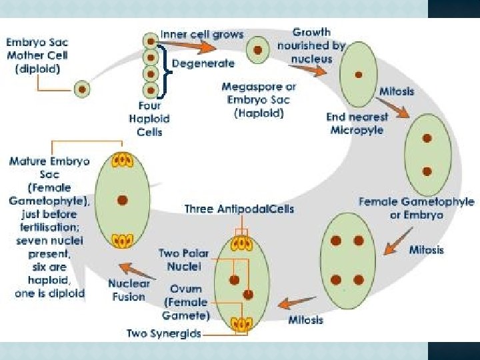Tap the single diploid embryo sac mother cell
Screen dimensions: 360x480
tap(81, 87)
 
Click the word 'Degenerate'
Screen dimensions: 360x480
tap(203, 64)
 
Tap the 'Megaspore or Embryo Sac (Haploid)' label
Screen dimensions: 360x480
tap(259, 100)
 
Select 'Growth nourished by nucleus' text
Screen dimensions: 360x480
tap(311, 45)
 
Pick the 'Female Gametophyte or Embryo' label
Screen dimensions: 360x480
tap(416, 208)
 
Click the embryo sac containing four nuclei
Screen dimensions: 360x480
tap(347, 254)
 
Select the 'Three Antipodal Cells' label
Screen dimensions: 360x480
tap(239, 209)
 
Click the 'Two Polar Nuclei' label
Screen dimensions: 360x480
tap(180, 259)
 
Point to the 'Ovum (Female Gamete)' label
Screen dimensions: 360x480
tap(186, 301)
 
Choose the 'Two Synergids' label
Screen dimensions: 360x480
tap(164, 333)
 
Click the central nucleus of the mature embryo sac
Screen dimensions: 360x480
tap(122, 199)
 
